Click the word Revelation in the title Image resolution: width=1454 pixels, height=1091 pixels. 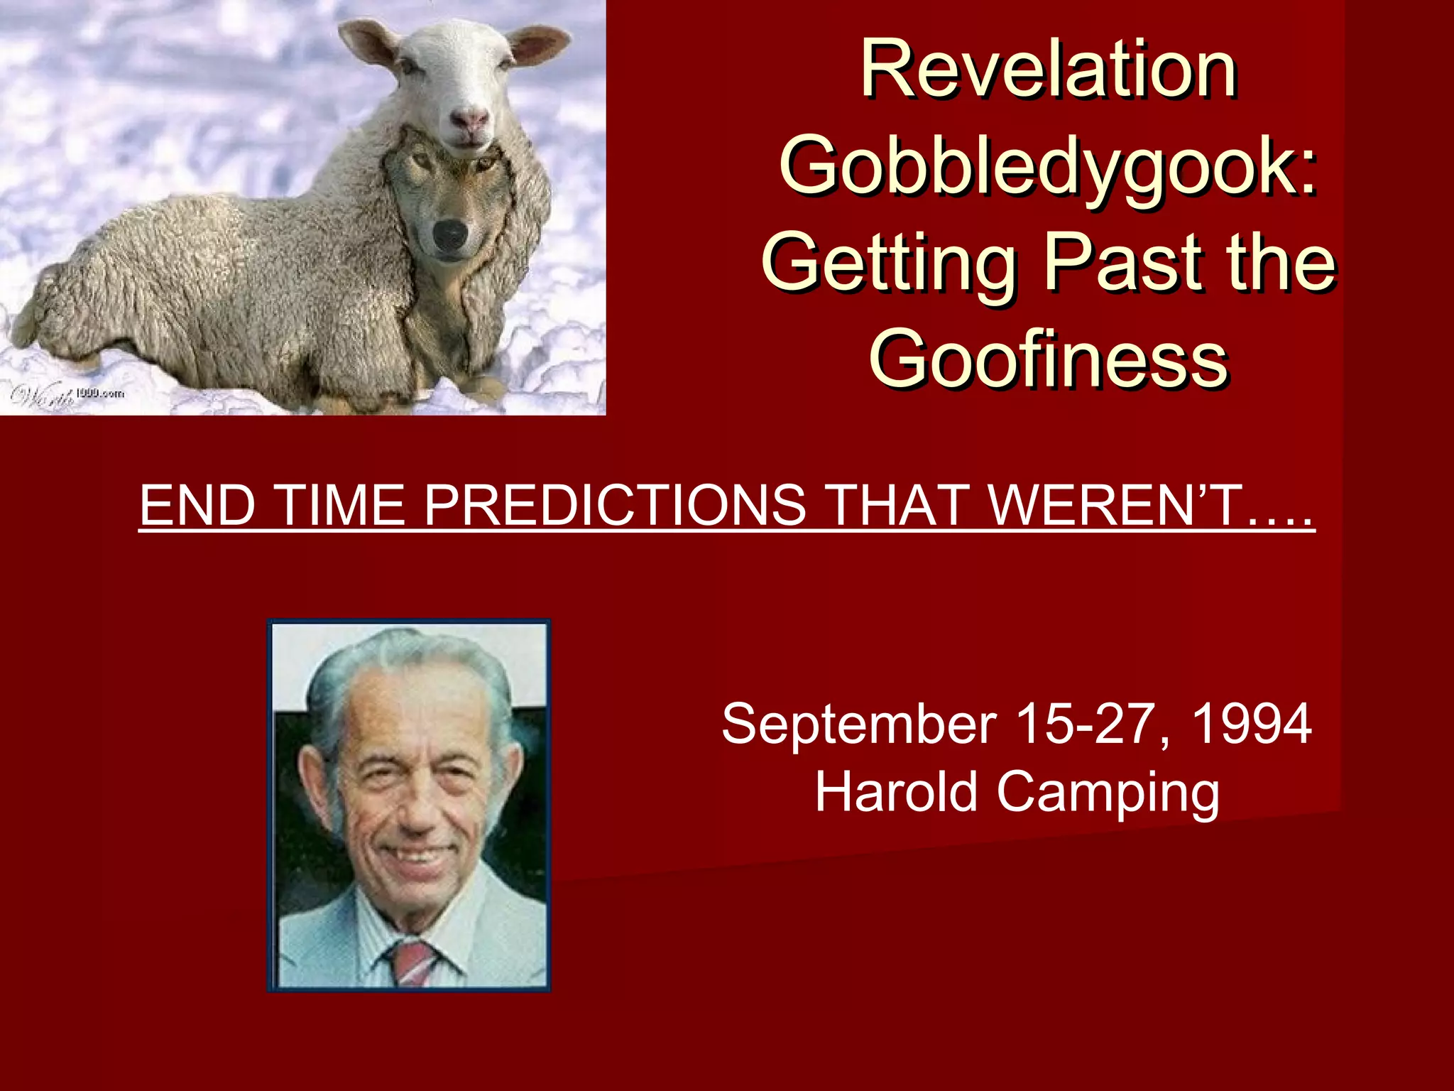(x=1049, y=71)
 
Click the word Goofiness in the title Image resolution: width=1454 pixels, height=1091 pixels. (x=1049, y=359)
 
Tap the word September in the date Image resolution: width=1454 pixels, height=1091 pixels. (x=859, y=724)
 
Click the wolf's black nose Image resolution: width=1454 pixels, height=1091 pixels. (x=450, y=234)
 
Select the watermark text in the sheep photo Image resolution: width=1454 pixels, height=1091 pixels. (x=67, y=395)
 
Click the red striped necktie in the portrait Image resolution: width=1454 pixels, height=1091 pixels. (x=412, y=962)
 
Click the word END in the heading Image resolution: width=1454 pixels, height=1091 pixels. (x=197, y=505)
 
